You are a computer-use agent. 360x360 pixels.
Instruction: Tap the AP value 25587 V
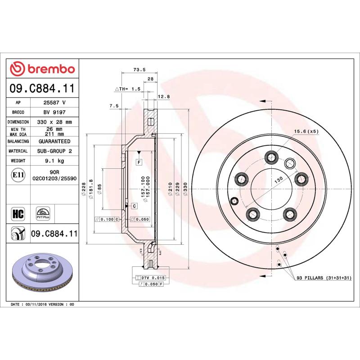54,103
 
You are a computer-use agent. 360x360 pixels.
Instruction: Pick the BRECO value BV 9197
54,112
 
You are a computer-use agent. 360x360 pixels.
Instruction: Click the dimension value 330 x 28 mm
54,122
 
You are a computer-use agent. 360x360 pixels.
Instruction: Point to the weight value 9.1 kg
54,161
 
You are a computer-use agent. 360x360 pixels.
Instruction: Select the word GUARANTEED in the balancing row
54,141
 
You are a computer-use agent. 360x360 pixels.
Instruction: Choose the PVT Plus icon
43,213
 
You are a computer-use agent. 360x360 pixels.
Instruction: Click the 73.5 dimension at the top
139,70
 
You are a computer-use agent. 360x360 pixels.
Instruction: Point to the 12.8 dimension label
164,96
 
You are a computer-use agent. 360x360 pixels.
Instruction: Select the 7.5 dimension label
114,106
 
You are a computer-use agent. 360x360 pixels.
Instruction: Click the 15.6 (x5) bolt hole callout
306,131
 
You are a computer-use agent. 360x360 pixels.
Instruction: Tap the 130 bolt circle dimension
279,179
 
